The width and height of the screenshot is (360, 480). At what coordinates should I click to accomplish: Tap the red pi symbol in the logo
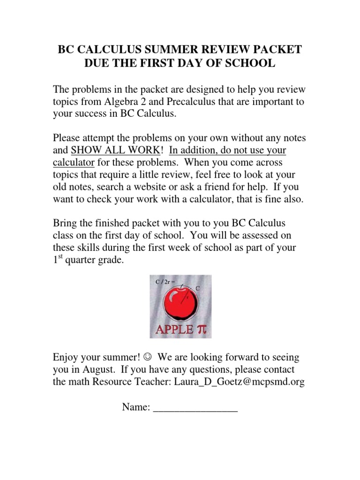[x=202, y=329]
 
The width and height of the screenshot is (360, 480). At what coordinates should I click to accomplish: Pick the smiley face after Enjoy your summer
[x=148, y=358]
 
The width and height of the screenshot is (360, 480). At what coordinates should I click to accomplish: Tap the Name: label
[x=136, y=407]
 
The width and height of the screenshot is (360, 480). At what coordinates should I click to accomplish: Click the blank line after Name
[x=195, y=409]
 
